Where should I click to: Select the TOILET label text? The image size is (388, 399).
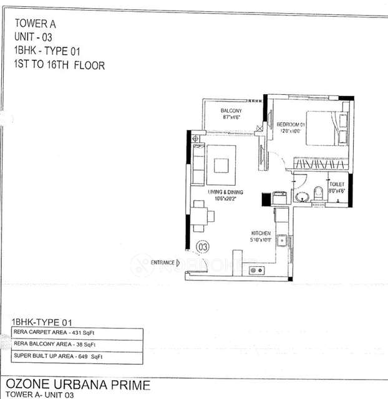337,185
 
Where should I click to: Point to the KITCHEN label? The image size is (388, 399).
261,233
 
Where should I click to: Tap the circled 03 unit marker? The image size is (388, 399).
203,247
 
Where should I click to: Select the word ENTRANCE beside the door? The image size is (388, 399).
163,263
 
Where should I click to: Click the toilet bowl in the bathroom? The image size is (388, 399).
318,193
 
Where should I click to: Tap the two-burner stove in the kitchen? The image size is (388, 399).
255,270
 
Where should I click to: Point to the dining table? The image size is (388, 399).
200,216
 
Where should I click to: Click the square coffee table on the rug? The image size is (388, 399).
221,165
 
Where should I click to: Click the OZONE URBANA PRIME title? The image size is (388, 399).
78,383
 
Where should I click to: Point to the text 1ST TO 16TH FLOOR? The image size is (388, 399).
59,65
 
